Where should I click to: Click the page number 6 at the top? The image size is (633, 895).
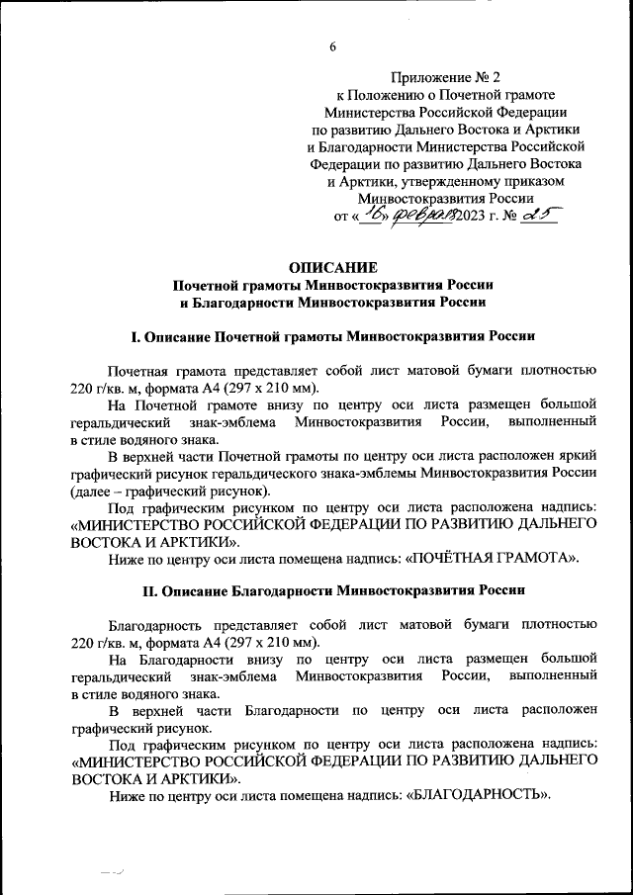tap(333, 46)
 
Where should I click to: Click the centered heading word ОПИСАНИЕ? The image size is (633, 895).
tap(333, 266)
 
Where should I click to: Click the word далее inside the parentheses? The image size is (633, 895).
tap(94, 491)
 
